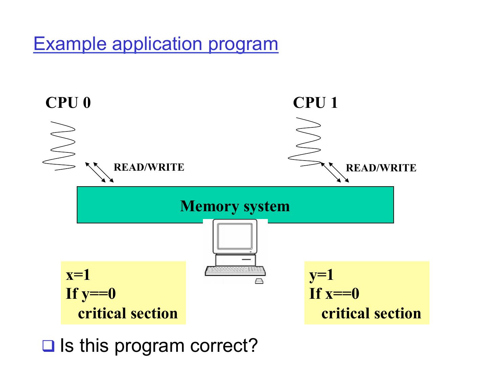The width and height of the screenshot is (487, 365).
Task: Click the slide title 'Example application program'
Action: click(x=156, y=44)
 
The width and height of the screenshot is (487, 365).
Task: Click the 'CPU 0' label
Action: click(x=68, y=103)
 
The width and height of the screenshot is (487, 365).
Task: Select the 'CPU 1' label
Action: click(x=315, y=103)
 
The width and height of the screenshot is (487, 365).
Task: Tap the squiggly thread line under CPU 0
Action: click(x=59, y=145)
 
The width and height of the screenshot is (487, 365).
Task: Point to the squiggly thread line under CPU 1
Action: click(x=304, y=142)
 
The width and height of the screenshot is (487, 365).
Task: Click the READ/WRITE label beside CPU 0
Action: click(x=149, y=167)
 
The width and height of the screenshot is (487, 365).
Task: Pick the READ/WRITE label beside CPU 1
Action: click(x=381, y=168)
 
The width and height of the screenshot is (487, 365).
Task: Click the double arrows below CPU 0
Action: click(x=99, y=172)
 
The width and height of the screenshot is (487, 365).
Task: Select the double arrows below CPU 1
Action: click(x=335, y=172)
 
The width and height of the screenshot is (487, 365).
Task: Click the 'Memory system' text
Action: click(x=235, y=206)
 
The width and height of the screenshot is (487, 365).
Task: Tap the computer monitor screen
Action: click(x=235, y=236)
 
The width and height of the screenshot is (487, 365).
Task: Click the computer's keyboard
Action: click(x=235, y=270)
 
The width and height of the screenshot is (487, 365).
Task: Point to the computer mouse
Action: click(x=259, y=281)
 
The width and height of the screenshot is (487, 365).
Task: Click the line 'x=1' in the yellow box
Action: click(x=78, y=274)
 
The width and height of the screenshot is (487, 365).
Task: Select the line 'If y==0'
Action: click(x=91, y=293)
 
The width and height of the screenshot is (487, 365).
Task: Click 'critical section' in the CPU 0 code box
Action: click(x=128, y=313)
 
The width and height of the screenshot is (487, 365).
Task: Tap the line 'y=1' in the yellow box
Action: click(x=322, y=274)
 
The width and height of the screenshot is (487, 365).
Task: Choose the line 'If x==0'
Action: click(x=334, y=293)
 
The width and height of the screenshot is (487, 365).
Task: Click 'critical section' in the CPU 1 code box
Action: click(x=371, y=313)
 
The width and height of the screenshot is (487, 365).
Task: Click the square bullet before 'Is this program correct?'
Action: click(x=48, y=346)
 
